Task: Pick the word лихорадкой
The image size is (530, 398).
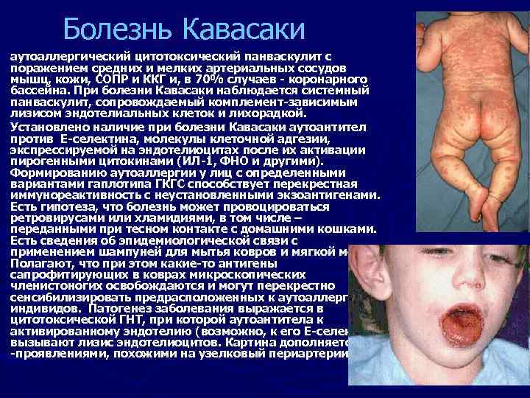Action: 272,114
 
